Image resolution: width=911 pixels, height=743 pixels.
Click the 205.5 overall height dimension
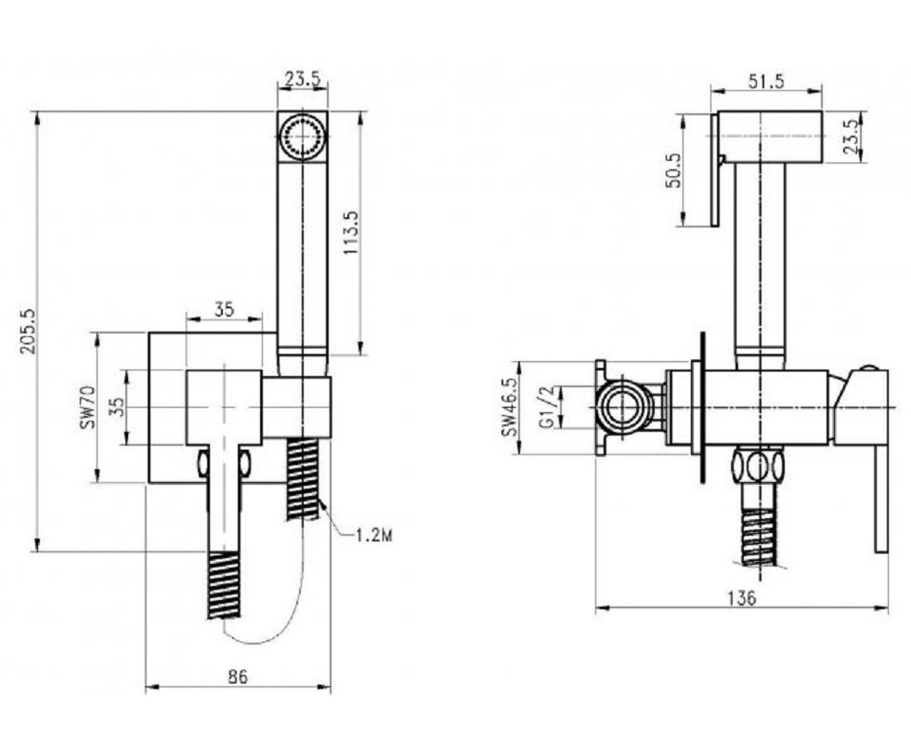coord(28,332)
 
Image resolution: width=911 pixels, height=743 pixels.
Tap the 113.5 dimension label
coord(351,232)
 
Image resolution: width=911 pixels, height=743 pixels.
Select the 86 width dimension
coord(238,676)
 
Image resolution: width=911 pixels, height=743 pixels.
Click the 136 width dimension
coord(742,598)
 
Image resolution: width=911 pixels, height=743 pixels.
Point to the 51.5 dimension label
coord(767,82)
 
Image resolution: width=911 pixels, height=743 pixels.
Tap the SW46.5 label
coord(508,408)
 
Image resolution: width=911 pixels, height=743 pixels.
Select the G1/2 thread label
coord(549,408)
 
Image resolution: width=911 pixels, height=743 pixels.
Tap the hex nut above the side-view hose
coord(758,466)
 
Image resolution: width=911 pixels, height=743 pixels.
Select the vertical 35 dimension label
coord(116,408)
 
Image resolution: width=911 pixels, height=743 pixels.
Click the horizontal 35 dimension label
coord(224,309)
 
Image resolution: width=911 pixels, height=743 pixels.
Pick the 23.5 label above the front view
coord(302,78)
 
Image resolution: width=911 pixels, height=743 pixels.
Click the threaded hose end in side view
coord(758,538)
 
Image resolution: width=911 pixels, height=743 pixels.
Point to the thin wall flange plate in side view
coord(702,407)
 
